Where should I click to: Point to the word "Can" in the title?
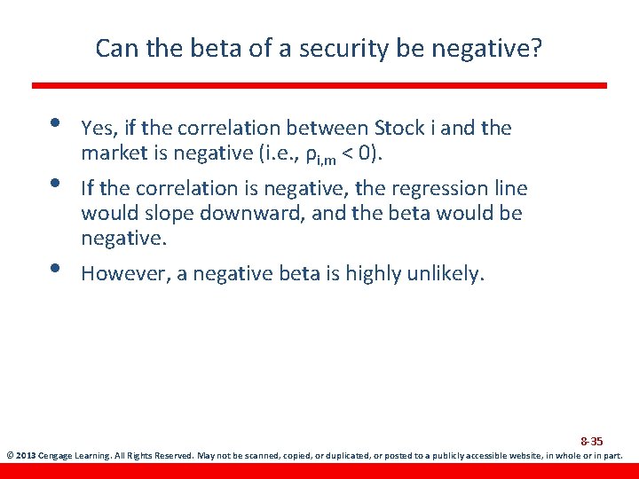[114, 48]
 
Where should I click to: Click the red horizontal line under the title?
[319, 85]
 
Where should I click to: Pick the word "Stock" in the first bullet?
[400, 128]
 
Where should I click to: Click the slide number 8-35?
[591, 441]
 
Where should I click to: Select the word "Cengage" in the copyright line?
[57, 456]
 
